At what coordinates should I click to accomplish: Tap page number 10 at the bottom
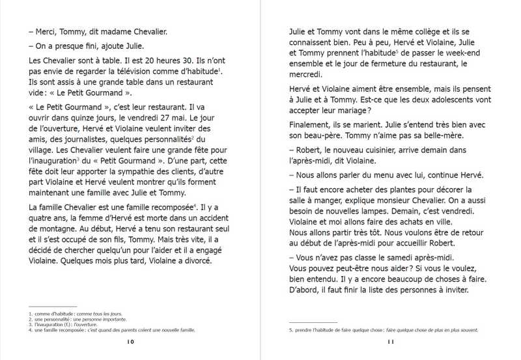tap(131, 341)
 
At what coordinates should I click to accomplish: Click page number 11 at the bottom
tap(391, 341)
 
